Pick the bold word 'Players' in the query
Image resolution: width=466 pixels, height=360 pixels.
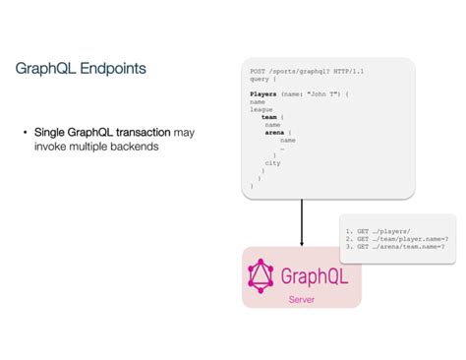pos(263,93)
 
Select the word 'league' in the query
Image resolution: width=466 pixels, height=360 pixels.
pos(261,109)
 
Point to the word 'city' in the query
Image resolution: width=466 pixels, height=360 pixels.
pos(272,162)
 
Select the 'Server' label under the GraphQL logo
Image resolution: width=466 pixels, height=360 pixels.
pos(301,299)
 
